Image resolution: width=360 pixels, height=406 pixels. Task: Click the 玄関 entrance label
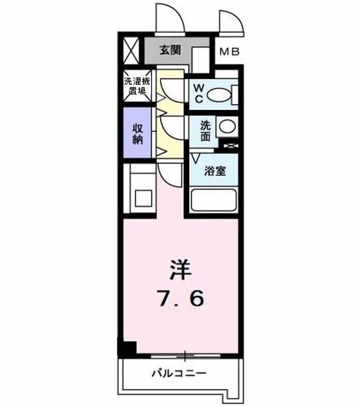point(170,50)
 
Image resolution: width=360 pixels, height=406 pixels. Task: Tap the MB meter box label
point(230,52)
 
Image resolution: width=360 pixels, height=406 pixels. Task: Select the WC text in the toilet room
point(199,94)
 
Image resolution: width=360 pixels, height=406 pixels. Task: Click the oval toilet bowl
point(219,95)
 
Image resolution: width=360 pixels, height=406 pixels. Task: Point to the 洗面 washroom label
point(206,131)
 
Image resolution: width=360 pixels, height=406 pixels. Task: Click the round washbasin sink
point(228,127)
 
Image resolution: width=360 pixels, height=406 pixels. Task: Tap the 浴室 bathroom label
point(215,171)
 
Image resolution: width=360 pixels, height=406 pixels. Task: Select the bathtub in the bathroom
point(214,200)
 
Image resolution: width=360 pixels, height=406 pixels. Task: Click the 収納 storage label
point(138,134)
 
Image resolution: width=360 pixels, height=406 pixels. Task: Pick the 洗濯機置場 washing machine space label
point(137,86)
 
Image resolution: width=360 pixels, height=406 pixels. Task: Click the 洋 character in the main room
point(180,270)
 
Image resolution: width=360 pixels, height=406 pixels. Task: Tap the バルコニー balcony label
point(179,373)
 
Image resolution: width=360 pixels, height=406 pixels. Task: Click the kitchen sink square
point(143,198)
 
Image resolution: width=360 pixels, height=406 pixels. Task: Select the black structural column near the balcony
point(127,348)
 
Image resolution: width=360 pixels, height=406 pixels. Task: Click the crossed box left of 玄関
point(131,51)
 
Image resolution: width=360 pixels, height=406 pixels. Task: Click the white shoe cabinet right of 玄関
point(201,60)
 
